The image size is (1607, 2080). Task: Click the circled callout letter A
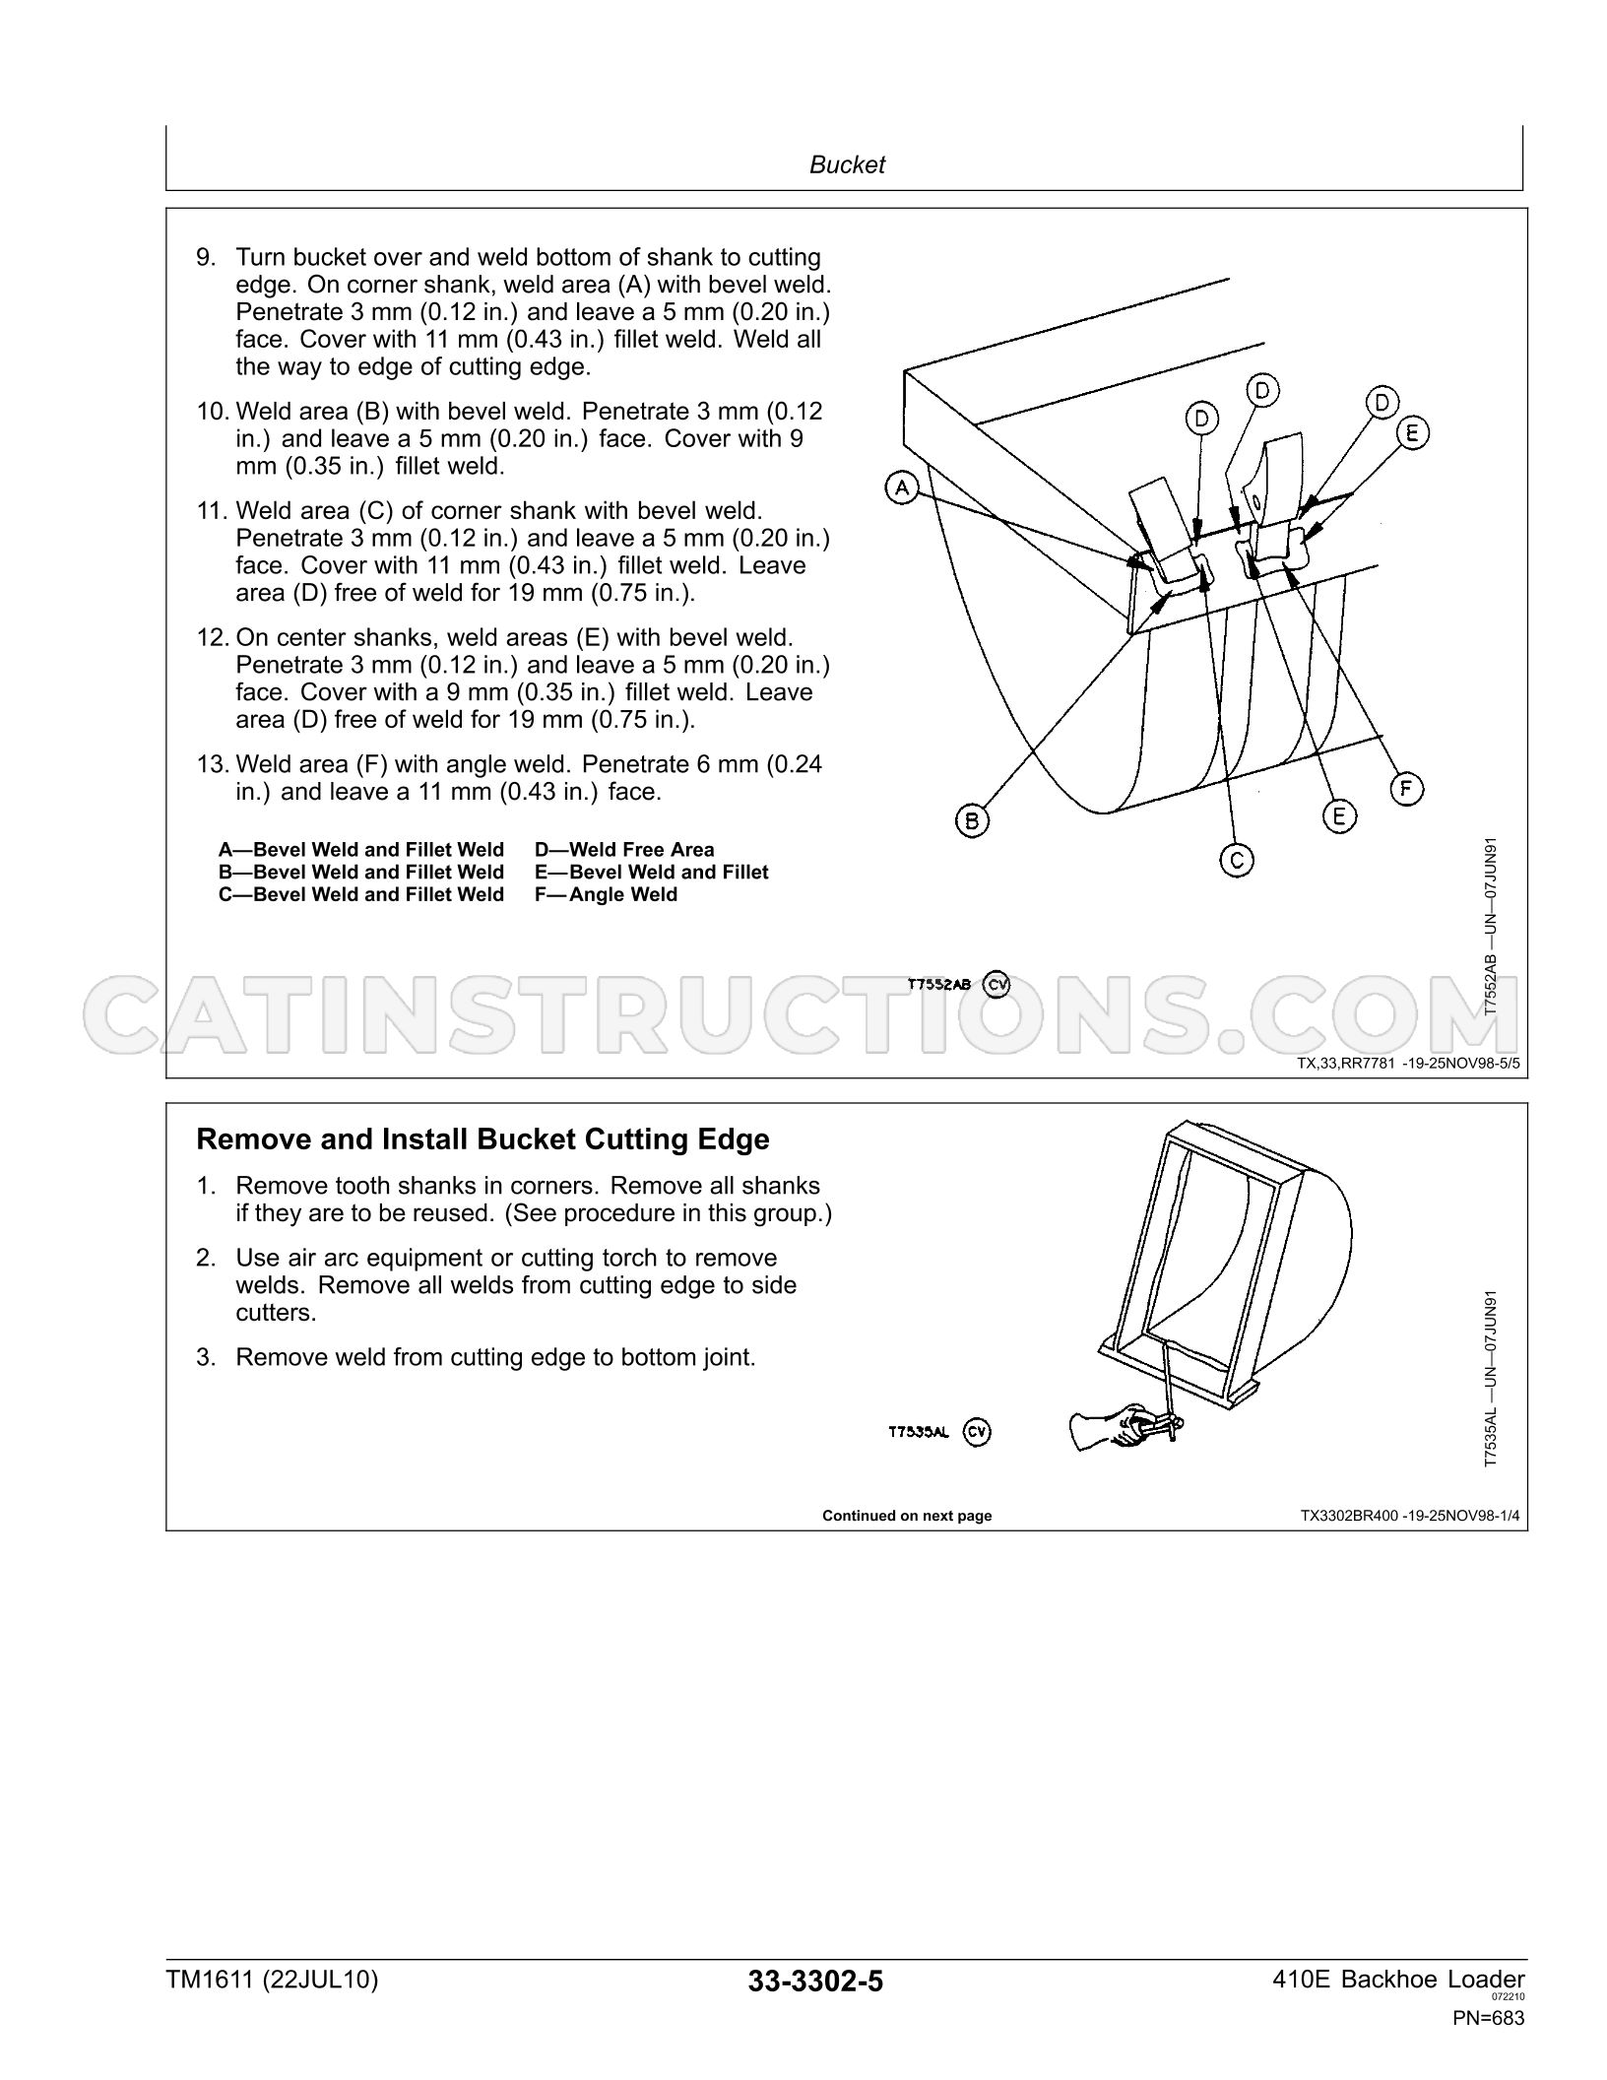pos(901,487)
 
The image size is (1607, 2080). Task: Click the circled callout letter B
pos(972,820)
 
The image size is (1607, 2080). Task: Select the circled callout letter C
pos(1237,860)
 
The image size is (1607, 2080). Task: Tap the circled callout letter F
pos(1406,788)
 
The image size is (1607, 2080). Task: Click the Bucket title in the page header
pos(847,164)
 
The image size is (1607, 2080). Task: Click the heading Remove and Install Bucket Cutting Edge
pos(482,1139)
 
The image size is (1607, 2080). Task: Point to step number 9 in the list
pos(205,257)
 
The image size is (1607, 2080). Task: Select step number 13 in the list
pos(212,764)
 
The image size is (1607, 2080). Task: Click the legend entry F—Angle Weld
pos(607,894)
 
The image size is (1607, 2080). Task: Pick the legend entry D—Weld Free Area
pos(624,849)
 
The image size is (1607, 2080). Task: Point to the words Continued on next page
pos(907,1516)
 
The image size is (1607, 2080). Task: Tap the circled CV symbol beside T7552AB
pos(996,984)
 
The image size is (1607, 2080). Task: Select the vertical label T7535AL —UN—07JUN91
pos(1491,1379)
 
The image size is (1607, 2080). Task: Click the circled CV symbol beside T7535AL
pos(977,1432)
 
